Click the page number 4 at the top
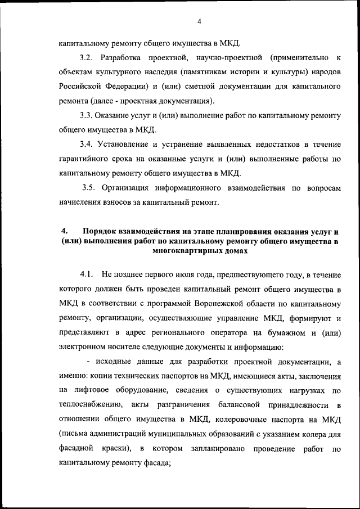tap(199, 22)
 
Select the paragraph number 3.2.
tap(88, 58)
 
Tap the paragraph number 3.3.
tap(88, 115)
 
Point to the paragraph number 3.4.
tap(88, 144)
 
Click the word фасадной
tap(75, 448)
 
